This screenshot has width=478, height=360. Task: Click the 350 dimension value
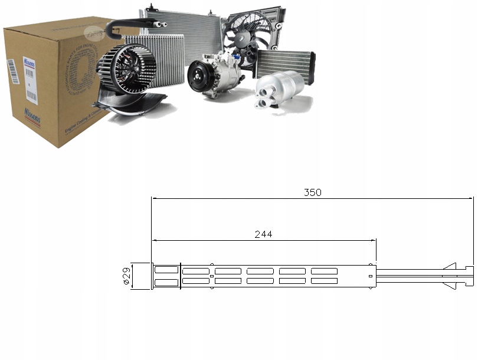click(x=313, y=192)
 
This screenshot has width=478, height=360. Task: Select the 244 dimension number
click(x=263, y=234)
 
